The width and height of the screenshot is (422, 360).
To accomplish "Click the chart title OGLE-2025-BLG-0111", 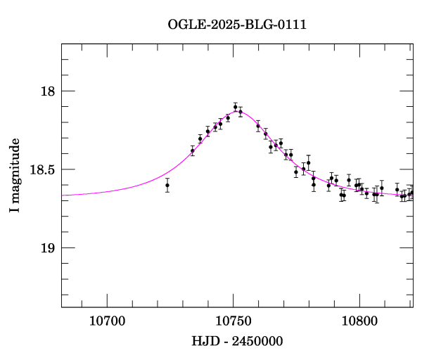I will pos(237,24).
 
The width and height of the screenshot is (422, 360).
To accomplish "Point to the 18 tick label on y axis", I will pos(47,91).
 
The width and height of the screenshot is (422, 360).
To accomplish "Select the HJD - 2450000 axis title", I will pos(237,341).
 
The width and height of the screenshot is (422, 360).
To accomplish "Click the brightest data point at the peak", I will pos(236,107).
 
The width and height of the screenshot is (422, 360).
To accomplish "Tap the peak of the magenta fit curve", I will pos(236,110).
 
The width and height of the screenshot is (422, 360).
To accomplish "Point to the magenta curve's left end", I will pos(63,195).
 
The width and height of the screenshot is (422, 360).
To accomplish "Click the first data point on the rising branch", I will pos(192,150).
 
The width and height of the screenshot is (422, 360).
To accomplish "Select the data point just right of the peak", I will pos(241,112).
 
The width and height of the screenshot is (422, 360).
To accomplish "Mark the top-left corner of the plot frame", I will pos(62,44).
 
